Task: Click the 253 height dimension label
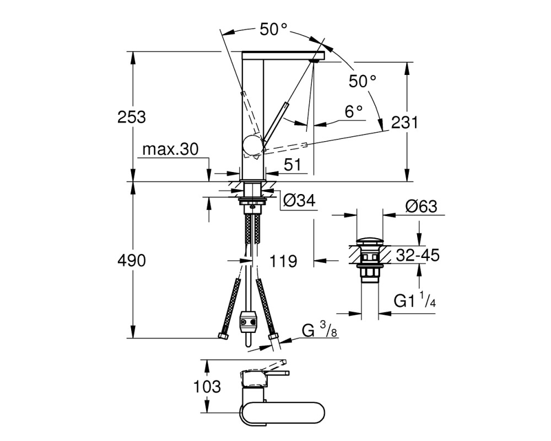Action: [x=132, y=117]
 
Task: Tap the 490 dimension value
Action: [x=132, y=261]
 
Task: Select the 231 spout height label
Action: [x=404, y=123]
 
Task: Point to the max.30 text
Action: [x=170, y=149]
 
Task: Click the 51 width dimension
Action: [x=293, y=164]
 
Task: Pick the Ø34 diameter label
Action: [x=299, y=201]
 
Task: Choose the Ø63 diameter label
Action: [x=421, y=206]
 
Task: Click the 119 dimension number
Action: [x=283, y=261]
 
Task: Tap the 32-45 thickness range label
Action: [x=418, y=255]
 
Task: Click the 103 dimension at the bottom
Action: [x=207, y=386]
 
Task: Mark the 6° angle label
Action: [x=354, y=112]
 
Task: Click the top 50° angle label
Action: [x=274, y=29]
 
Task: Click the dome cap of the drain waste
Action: [x=370, y=243]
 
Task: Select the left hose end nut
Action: [x=223, y=336]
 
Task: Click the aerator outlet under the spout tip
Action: [x=314, y=61]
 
